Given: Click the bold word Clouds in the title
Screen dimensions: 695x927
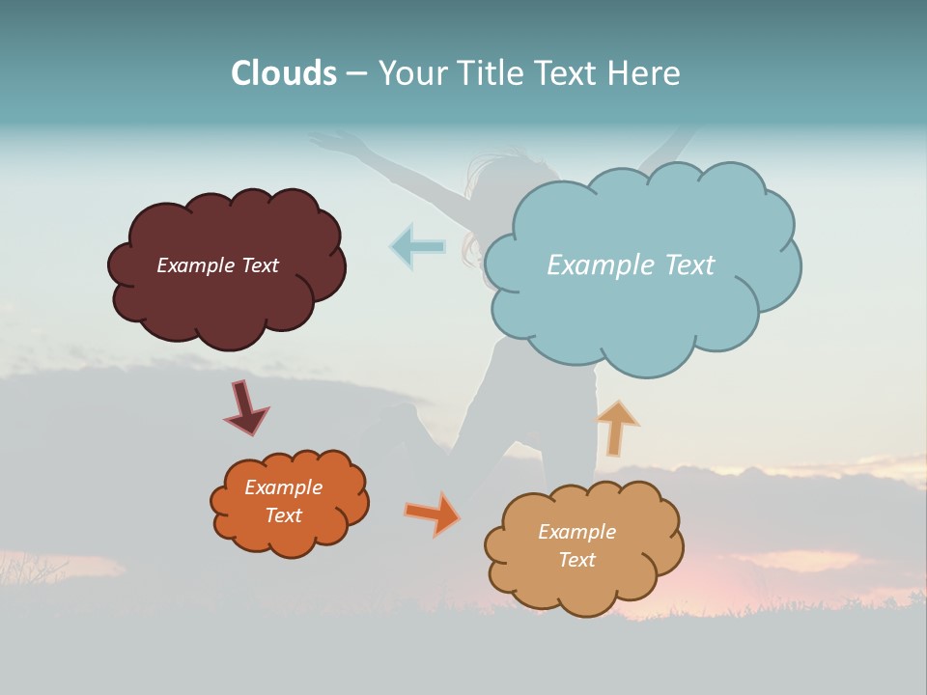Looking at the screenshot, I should pyautogui.click(x=284, y=72).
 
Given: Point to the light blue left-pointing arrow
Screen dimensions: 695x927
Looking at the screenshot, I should pyautogui.click(x=417, y=246).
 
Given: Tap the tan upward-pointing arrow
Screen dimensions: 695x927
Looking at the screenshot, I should pyautogui.click(x=616, y=427).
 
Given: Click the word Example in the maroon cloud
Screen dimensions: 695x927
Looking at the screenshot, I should pyautogui.click(x=196, y=265).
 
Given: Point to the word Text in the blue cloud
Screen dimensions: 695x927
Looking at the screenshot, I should pyautogui.click(x=688, y=265).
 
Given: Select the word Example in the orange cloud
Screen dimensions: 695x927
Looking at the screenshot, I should pyautogui.click(x=284, y=487).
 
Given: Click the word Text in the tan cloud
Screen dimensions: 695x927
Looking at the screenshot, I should pyautogui.click(x=576, y=560).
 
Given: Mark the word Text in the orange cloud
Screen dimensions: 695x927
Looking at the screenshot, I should pyautogui.click(x=284, y=515).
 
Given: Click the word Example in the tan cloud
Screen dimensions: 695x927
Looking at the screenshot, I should pyautogui.click(x=576, y=532).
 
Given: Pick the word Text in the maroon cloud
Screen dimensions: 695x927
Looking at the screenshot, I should pyautogui.click(x=260, y=265).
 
